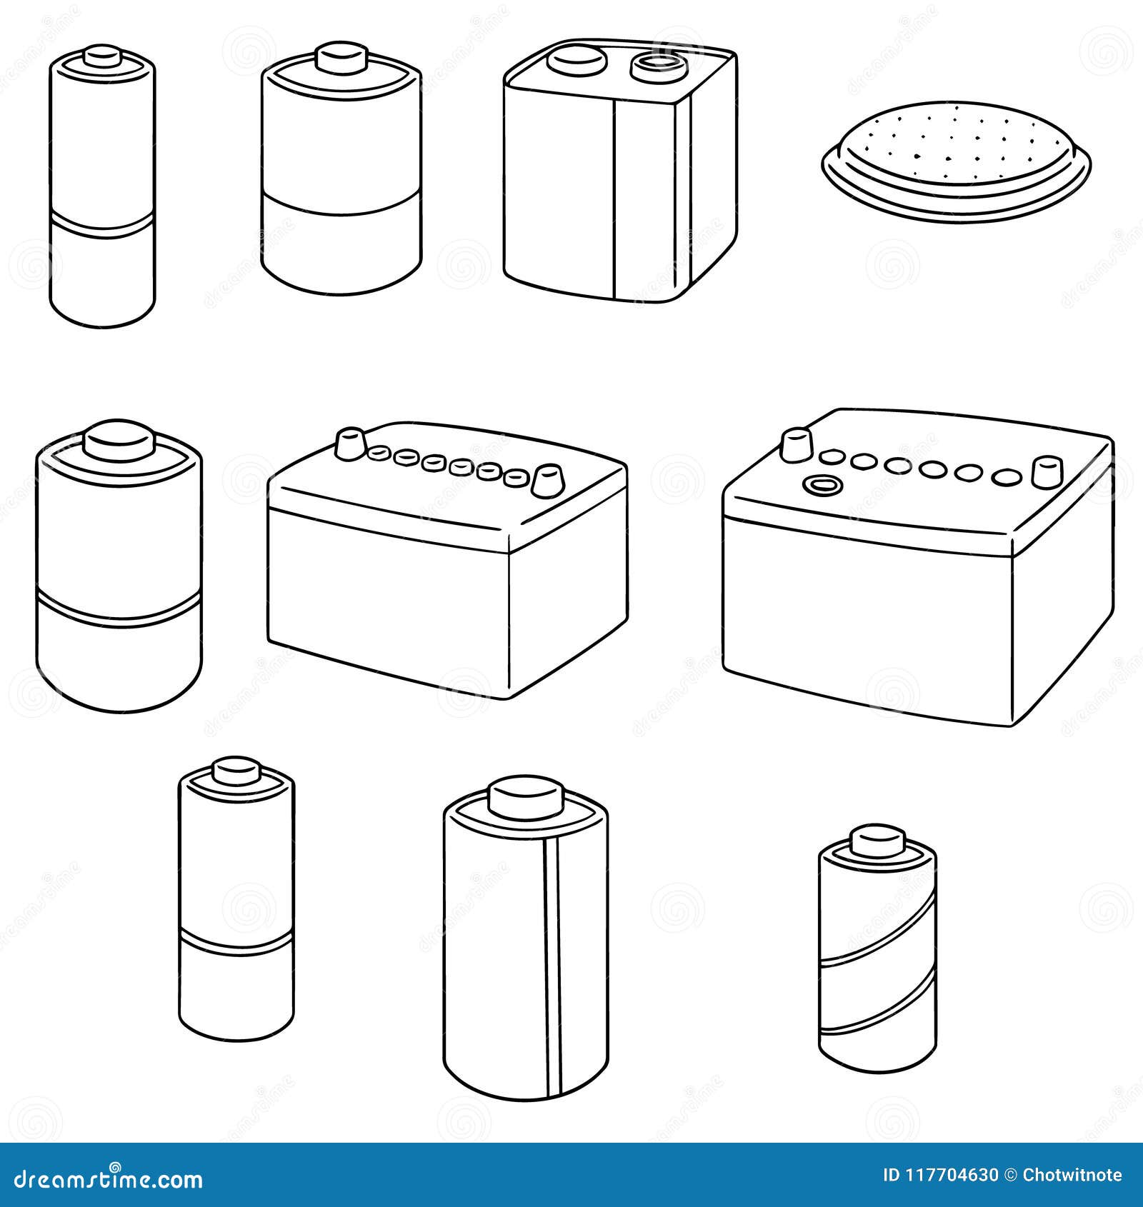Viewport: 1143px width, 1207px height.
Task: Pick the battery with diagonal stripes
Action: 877,950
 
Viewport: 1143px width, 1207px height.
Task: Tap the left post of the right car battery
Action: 796,445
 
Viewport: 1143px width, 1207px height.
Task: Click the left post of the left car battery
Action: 350,444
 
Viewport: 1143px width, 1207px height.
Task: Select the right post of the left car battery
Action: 547,480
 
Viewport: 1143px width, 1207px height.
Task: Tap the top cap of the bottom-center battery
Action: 526,798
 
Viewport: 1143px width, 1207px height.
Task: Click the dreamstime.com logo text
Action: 109,1179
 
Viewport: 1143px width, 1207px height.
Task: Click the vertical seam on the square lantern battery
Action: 614,200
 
